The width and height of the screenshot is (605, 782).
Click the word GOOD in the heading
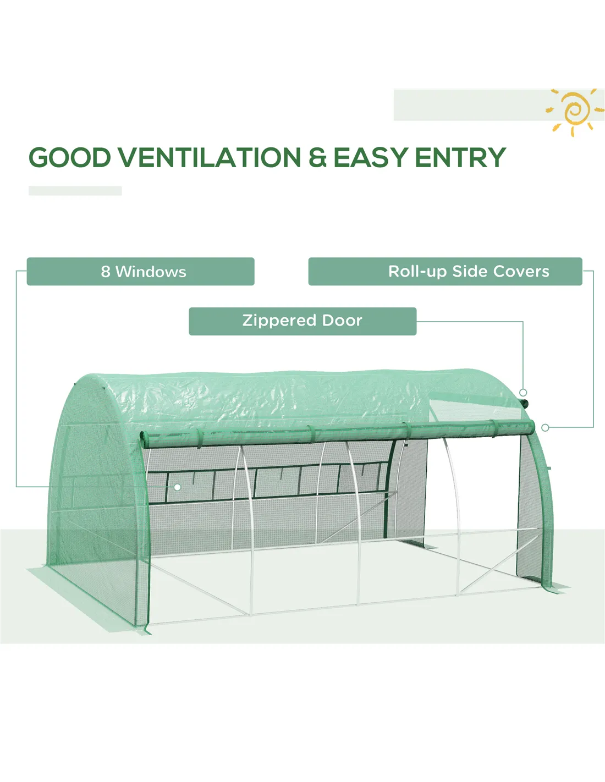[70, 157]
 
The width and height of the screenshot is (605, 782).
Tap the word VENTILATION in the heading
[210, 157]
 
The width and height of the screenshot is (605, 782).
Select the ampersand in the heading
[317, 158]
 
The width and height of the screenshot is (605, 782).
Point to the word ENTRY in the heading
[461, 157]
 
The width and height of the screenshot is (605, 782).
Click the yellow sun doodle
[574, 112]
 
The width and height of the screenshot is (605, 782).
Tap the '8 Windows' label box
[141, 271]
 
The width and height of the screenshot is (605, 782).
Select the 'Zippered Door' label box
[302, 321]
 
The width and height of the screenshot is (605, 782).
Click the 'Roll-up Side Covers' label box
[445, 271]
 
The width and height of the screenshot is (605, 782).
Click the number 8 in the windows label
[105, 272]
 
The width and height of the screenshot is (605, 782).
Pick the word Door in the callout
[342, 321]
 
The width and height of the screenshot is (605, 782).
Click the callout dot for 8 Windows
[177, 487]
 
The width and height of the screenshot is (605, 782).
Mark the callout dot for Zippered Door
[523, 393]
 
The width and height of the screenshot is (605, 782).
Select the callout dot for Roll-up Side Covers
[545, 427]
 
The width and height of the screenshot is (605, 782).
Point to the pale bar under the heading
[75, 191]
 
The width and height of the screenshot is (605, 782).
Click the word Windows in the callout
[151, 272]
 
